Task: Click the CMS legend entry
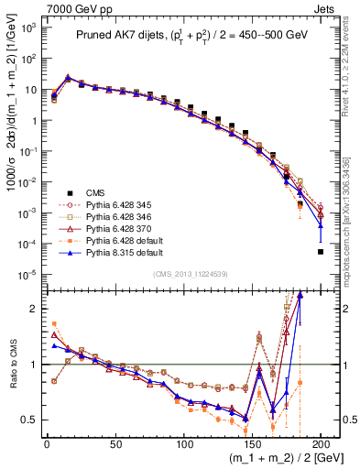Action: (94, 192)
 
